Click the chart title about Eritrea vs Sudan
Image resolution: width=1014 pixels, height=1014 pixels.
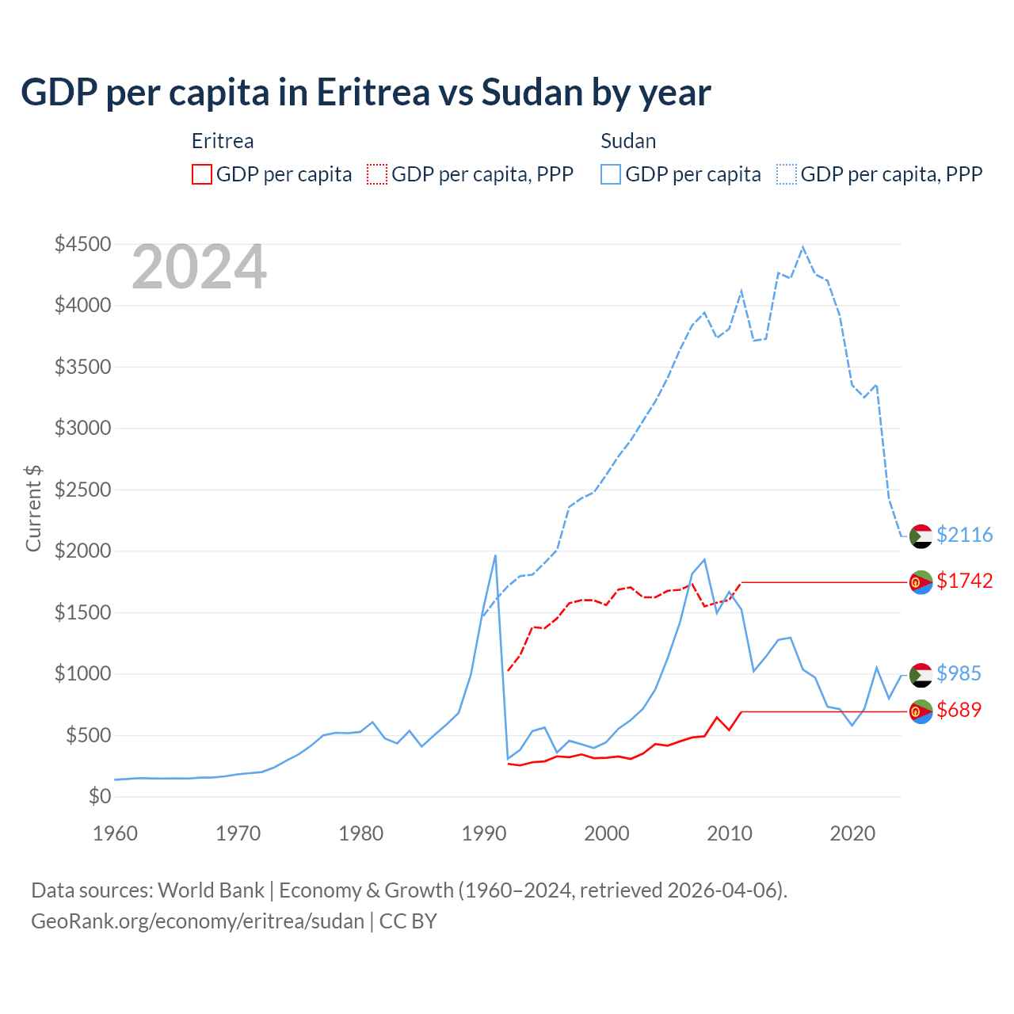tap(365, 93)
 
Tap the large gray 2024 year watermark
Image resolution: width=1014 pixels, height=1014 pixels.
tap(199, 267)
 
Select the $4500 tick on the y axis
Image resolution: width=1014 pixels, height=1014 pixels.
tap(82, 244)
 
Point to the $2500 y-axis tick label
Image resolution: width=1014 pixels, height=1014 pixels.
tap(82, 490)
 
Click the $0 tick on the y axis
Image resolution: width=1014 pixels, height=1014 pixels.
tap(100, 796)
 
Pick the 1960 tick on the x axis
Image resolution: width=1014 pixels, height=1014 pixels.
tap(116, 833)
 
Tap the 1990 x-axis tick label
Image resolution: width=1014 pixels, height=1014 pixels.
tap(484, 833)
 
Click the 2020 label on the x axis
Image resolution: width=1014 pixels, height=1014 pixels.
tap(852, 833)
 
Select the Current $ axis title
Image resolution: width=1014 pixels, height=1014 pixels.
tap(33, 509)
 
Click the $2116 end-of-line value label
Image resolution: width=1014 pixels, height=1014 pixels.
tap(964, 535)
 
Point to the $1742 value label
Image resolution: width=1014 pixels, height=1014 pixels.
tap(964, 581)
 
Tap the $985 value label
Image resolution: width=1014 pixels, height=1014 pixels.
tap(959, 673)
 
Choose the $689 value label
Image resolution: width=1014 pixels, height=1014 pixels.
tap(959, 710)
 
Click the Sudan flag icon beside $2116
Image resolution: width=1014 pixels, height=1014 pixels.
tap(921, 536)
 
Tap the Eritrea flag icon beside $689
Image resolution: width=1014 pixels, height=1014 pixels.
tap(921, 712)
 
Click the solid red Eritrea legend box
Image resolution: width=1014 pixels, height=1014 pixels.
tap(202, 174)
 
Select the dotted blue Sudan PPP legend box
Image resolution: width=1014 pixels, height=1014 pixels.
tap(787, 174)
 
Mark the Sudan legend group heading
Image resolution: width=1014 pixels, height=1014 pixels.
tap(628, 141)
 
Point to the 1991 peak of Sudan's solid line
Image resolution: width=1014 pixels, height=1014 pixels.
tap(496, 555)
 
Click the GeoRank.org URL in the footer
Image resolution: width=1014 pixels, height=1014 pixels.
tap(197, 921)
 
